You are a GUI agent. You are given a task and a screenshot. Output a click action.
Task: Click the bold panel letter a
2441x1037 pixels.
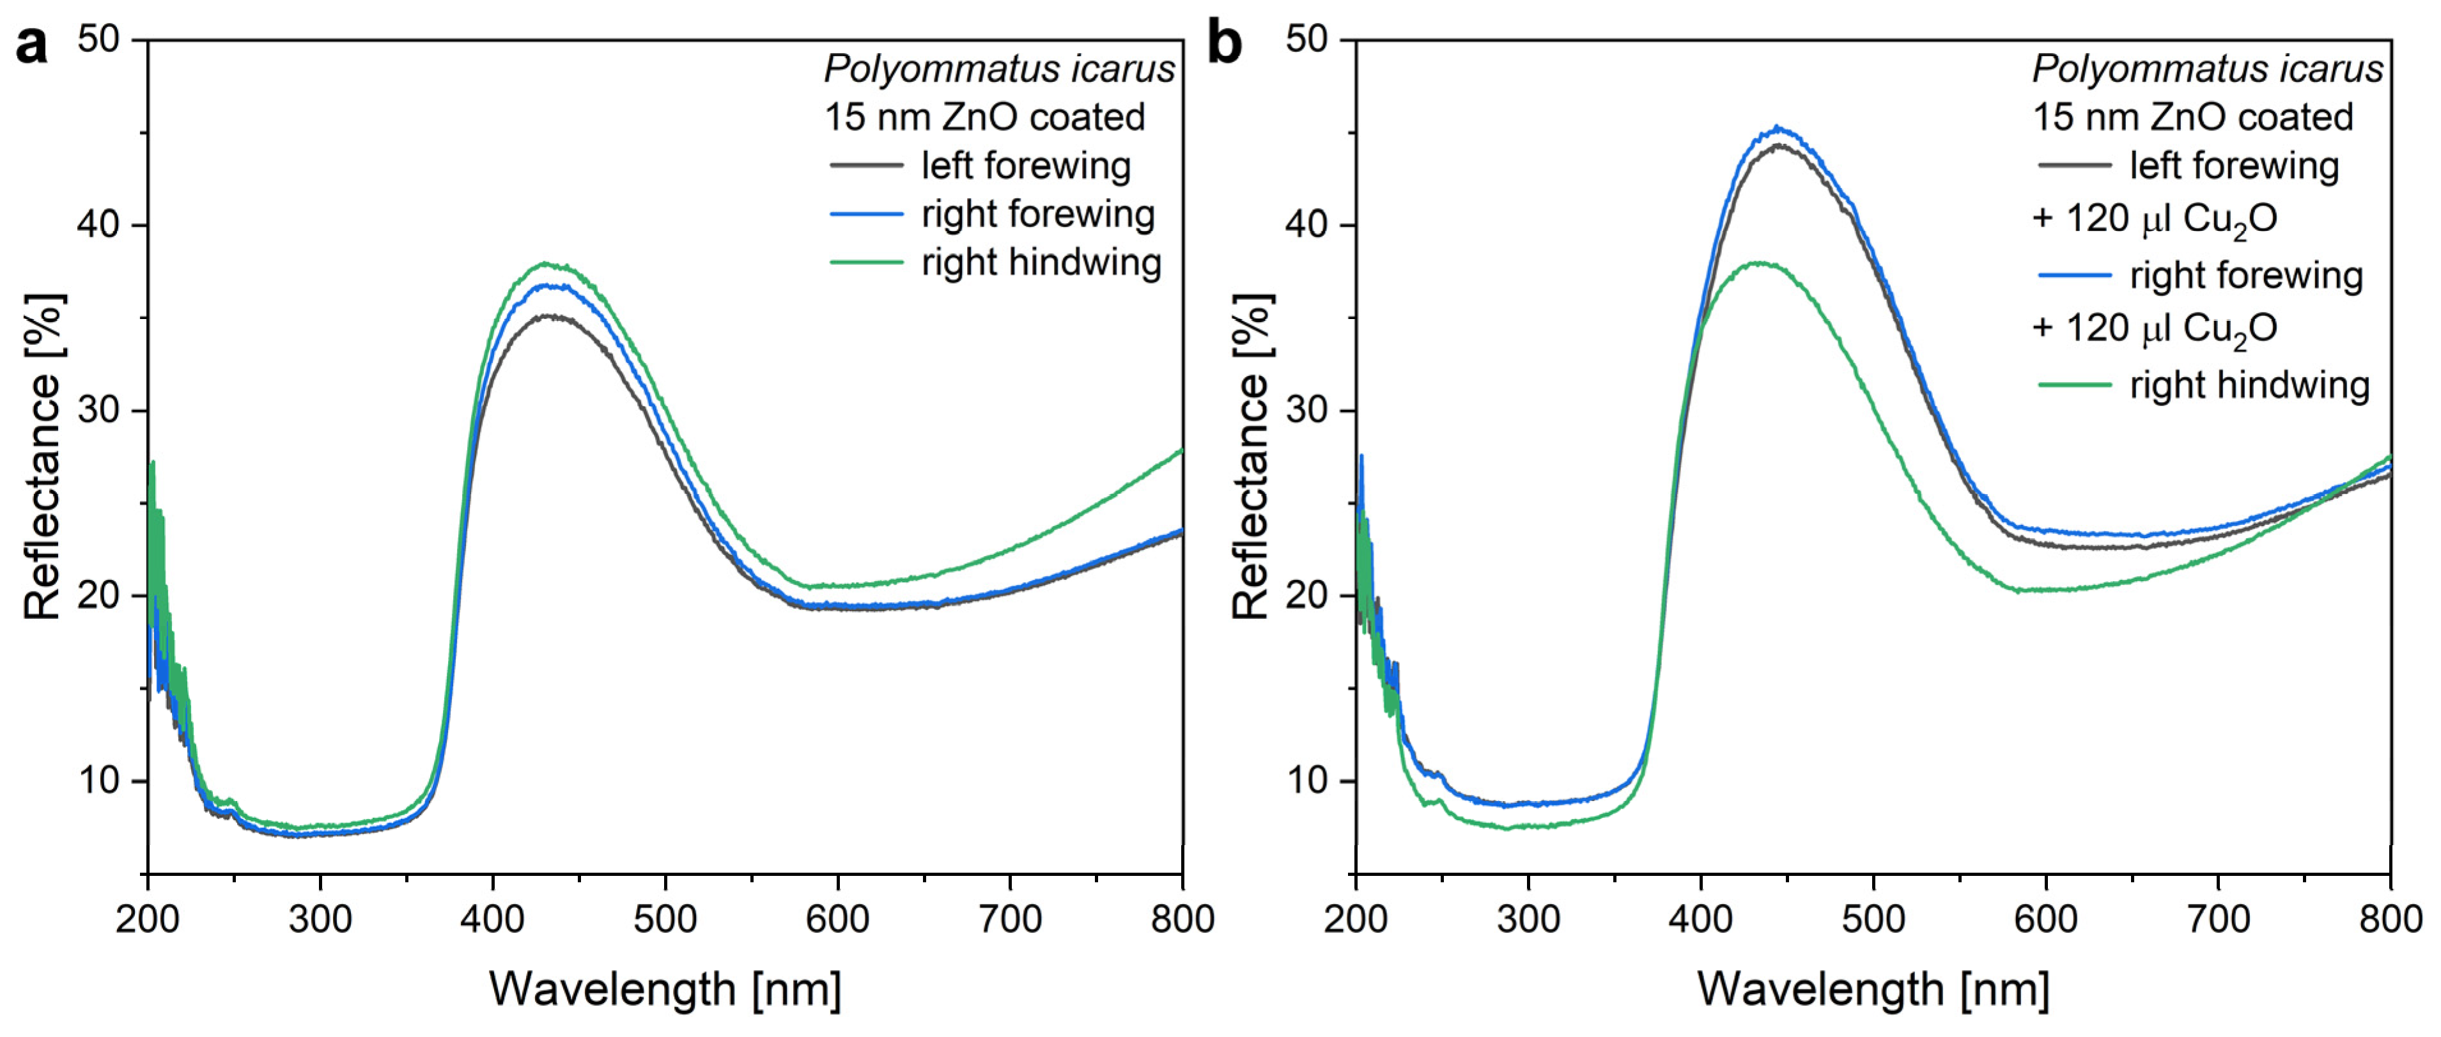(x=31, y=45)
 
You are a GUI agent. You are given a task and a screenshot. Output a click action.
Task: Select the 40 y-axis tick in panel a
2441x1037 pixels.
(x=98, y=224)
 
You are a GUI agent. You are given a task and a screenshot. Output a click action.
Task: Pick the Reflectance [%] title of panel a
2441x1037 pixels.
(x=43, y=457)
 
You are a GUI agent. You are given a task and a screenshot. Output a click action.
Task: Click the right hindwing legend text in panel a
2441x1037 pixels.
(x=1041, y=263)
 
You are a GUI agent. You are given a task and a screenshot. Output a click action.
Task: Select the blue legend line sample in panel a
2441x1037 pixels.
(x=866, y=214)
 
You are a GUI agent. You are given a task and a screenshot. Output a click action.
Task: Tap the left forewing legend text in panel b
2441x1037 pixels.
(x=2235, y=165)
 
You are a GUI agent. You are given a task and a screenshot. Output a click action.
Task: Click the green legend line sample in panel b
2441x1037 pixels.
(x=2074, y=385)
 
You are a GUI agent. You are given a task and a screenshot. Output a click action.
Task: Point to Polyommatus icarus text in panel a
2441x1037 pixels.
(x=999, y=69)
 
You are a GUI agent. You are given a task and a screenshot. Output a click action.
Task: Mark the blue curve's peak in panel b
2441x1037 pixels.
(x=1778, y=127)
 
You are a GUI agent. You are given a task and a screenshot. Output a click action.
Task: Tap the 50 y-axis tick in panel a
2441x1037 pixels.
(x=98, y=40)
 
